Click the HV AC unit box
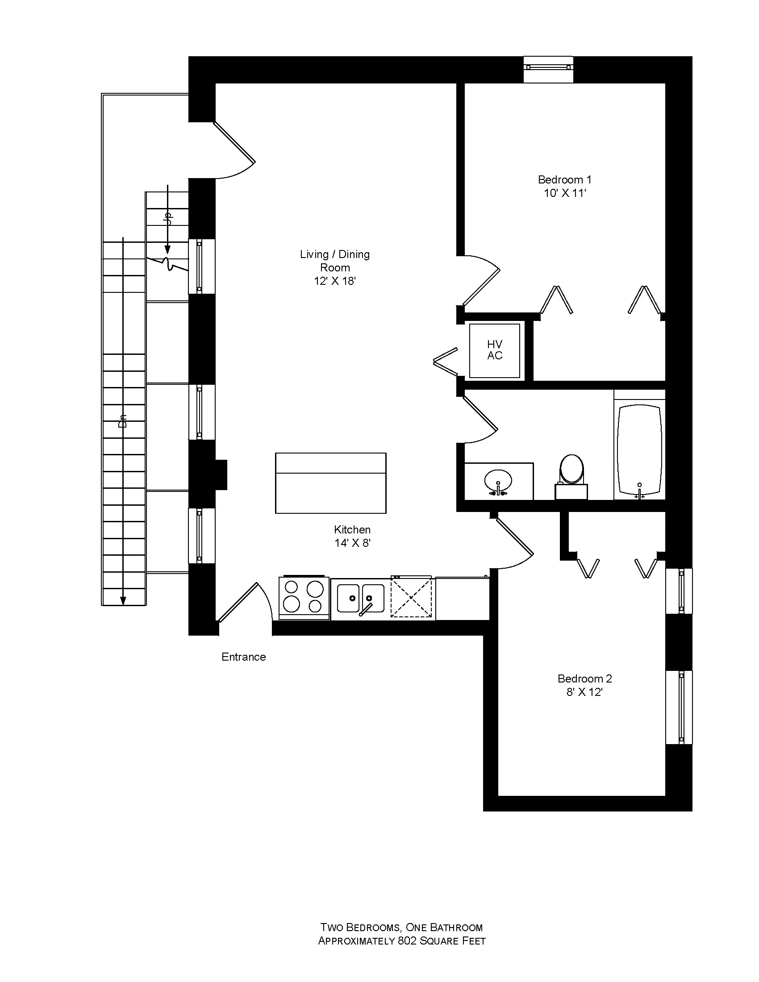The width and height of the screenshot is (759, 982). (x=494, y=350)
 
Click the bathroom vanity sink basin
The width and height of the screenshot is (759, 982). (x=498, y=482)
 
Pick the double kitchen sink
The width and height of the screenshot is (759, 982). (x=361, y=598)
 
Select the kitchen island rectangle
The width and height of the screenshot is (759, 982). (x=330, y=483)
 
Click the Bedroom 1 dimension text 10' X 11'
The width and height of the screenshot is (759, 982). (x=565, y=193)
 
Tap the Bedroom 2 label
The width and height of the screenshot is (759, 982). (x=584, y=678)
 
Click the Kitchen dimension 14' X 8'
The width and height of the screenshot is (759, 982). (x=352, y=543)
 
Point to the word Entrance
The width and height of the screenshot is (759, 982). (x=243, y=657)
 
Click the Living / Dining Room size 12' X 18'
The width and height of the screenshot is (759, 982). (x=334, y=281)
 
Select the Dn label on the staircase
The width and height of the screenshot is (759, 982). (x=122, y=421)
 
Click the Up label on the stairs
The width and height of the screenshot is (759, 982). (x=168, y=220)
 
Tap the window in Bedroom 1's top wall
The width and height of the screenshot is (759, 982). (x=549, y=67)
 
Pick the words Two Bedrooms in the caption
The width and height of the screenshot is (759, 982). (x=360, y=928)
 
